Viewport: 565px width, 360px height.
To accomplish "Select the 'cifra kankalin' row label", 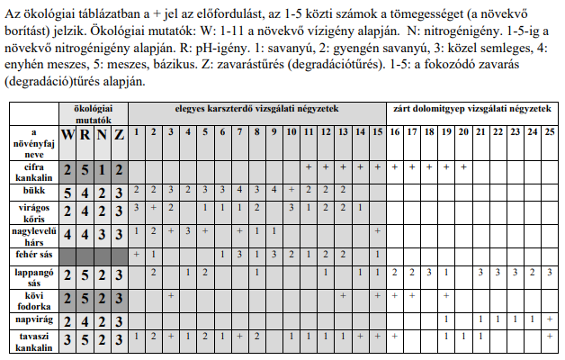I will coord(32,170).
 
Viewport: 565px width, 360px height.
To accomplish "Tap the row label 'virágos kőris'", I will coord(32,212).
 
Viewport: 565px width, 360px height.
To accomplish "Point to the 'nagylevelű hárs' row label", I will coord(32,236).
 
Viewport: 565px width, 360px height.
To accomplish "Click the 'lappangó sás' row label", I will coord(32,275).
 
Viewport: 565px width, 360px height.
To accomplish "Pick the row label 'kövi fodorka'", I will coord(32,299).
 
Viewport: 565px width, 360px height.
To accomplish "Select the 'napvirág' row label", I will coord(32,319).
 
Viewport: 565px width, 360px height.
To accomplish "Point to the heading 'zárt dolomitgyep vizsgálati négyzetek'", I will coord(471,108).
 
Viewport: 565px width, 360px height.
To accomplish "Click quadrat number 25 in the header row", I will coord(550,132).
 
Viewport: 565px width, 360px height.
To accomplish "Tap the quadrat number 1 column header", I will coord(137,132).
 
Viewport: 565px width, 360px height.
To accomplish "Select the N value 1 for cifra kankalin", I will coord(103,170).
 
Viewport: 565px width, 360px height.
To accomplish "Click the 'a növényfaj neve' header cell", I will coord(32,142).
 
